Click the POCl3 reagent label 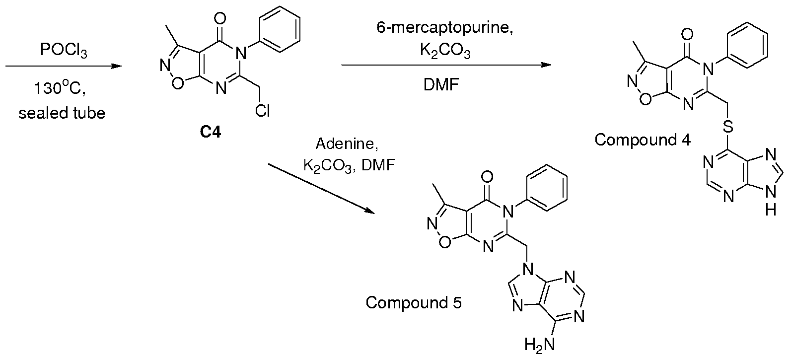click(64, 50)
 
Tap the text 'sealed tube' click(62, 113)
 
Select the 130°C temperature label click(60, 88)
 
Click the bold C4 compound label click(210, 132)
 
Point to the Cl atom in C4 click(262, 111)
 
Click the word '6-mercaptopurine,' click(445, 27)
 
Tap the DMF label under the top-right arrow click(441, 85)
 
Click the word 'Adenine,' click(347, 144)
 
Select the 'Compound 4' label click(643, 140)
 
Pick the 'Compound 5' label click(414, 302)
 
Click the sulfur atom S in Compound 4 click(728, 126)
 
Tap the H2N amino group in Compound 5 click(540, 344)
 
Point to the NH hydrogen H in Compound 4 click(771, 210)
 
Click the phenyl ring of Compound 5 click(546, 188)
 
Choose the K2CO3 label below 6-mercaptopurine click(445, 51)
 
